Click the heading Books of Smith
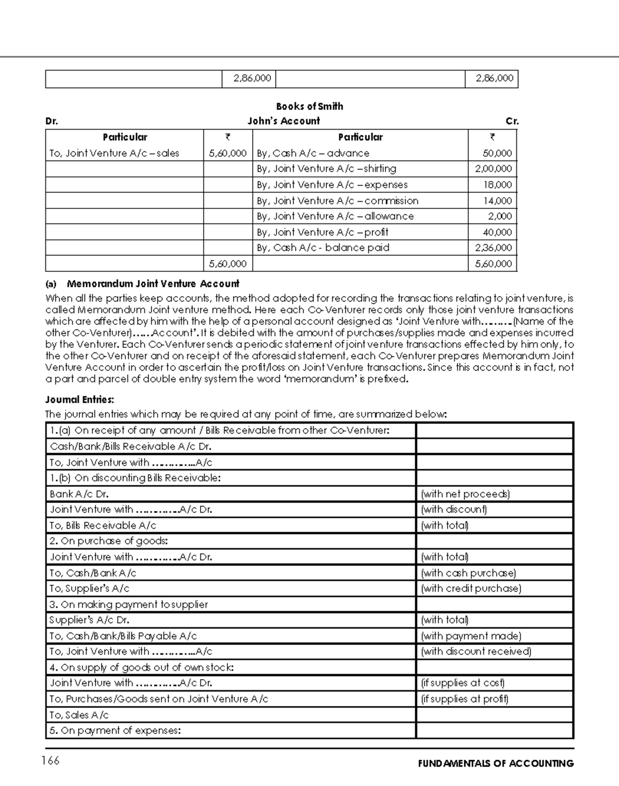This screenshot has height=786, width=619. coord(309,106)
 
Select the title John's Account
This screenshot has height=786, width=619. coord(284,121)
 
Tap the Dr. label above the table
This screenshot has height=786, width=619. coord(52,121)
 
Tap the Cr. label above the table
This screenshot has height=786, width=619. coord(512,121)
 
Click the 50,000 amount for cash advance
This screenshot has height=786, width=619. coord(497,153)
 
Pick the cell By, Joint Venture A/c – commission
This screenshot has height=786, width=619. coord(337,201)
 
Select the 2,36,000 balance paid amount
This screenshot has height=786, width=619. coord(493,248)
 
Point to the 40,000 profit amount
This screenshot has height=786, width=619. coord(497,232)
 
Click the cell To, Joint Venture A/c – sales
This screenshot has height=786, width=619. coord(114,153)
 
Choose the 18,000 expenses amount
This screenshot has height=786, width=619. coord(497,185)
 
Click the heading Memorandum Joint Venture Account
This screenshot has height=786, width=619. coord(153,283)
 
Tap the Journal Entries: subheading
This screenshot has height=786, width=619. coord(79,399)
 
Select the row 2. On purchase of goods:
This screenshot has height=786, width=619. coord(108,541)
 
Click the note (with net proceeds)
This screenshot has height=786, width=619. coord(465,494)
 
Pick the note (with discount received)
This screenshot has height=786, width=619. coord(476,651)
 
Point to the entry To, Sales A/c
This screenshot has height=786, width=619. coord(79,715)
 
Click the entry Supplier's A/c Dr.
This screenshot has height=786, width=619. coord(89,620)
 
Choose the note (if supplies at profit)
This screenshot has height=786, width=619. coord(465,699)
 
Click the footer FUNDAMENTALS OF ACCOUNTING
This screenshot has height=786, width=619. coord(496,763)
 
